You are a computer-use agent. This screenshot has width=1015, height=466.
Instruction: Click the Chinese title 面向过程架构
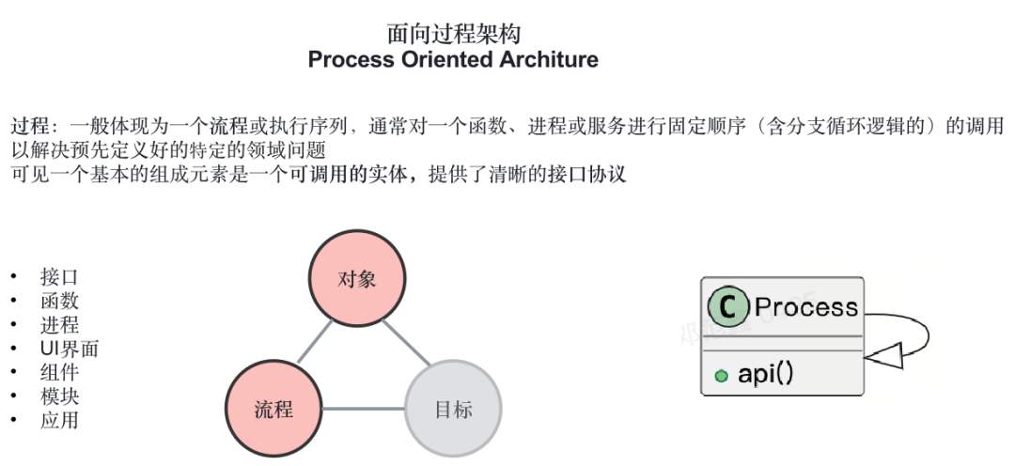[454, 33]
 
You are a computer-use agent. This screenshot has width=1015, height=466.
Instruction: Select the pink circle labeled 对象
[357, 279]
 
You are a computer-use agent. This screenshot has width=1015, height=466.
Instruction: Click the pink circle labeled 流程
[273, 410]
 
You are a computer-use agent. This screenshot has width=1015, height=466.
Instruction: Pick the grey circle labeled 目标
[453, 410]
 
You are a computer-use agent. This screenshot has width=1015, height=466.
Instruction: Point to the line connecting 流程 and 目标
[364, 409]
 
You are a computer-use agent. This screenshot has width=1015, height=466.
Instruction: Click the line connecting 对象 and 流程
[315, 342]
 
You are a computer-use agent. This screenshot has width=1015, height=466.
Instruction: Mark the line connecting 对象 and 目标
[406, 343]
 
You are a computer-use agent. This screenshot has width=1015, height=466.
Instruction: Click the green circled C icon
[727, 307]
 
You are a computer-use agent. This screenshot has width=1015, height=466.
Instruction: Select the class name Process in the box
[806, 307]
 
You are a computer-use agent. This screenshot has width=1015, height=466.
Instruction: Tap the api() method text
[765, 373]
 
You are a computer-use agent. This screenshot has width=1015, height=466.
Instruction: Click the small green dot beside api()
[721, 376]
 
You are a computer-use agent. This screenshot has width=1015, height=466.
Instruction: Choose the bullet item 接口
[59, 277]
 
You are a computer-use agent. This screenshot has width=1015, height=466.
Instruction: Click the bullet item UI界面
[70, 349]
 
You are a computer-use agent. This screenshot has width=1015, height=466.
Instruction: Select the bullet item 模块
[59, 396]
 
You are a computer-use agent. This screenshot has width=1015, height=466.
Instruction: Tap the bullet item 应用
[59, 420]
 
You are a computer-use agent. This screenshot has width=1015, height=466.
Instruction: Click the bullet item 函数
[59, 301]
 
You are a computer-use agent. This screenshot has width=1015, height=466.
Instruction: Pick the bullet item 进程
[59, 325]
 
